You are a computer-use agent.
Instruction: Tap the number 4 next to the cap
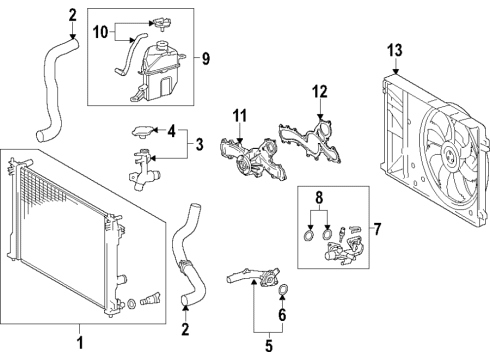click(171, 131)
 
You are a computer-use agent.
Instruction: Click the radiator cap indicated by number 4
click(143, 132)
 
